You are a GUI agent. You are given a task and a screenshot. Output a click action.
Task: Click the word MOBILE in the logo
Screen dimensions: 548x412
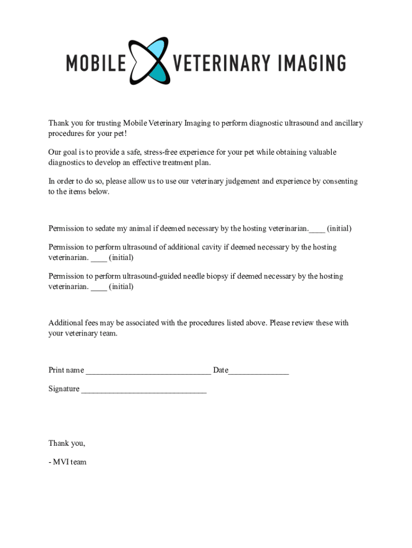96,63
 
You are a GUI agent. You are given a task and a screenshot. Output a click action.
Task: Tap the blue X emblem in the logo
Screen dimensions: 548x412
149,60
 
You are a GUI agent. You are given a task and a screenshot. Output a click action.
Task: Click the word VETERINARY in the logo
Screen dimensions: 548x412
222,63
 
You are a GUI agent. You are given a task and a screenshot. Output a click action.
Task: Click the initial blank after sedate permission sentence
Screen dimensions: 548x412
317,230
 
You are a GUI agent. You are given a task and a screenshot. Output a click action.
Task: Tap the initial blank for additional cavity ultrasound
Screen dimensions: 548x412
99,258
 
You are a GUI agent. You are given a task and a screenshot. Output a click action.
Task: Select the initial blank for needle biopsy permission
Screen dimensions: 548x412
99,287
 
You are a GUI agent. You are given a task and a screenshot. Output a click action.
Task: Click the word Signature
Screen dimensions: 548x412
64,389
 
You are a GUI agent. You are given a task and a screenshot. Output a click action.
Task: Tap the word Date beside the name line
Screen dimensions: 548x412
220,370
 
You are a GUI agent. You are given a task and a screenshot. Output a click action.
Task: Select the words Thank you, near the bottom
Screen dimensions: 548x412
67,443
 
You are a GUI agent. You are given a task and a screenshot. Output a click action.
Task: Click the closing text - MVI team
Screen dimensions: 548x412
67,462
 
